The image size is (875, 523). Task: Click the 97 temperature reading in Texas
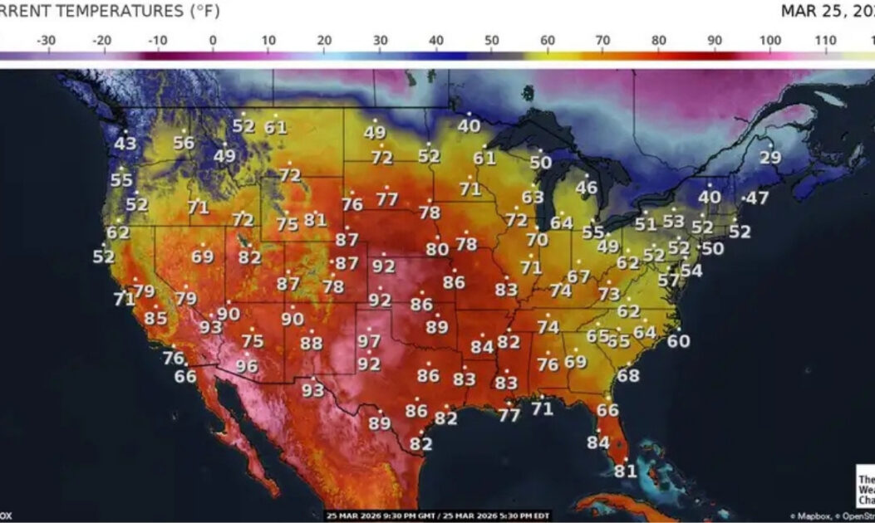coord(369,341)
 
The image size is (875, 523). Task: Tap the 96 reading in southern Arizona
coord(247,366)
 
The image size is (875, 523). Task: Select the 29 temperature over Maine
coord(770,158)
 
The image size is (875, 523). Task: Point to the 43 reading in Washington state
coord(125,144)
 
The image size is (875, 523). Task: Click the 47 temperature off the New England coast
coord(757,198)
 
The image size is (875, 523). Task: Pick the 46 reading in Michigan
coord(587,188)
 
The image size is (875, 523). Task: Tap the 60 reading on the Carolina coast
coord(678,341)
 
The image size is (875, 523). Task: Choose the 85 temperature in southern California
coord(155,318)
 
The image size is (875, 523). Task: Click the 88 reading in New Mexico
coord(312,343)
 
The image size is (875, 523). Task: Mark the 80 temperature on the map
coord(437,249)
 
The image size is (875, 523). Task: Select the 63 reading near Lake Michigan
coord(533,198)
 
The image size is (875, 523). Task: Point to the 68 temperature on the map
coord(628,375)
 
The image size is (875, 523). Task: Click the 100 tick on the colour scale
coord(770,40)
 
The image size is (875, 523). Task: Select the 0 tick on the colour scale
coord(213,40)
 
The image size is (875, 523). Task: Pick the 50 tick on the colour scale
coord(492,40)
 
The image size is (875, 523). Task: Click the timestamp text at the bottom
coord(437,516)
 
